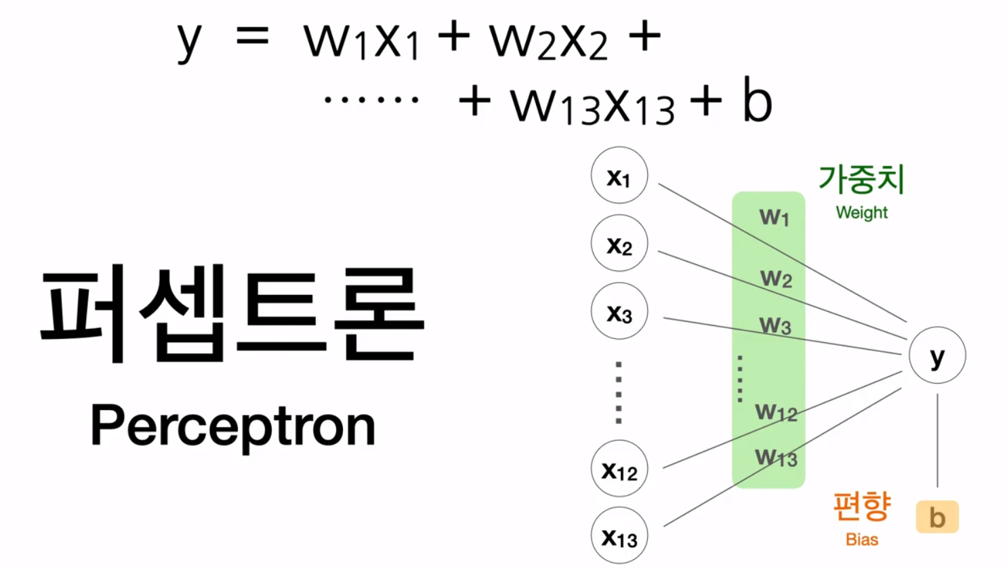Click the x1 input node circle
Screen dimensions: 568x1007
point(619,176)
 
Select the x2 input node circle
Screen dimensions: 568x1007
point(619,243)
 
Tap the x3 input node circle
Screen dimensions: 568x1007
point(619,311)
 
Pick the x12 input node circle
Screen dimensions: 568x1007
point(619,468)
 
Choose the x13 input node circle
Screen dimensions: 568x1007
point(619,535)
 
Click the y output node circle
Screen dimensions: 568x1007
point(937,355)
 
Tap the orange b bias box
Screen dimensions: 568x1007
point(937,517)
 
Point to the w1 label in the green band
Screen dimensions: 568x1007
point(774,217)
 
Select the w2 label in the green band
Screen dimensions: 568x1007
point(776,278)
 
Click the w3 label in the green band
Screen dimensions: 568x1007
point(775,325)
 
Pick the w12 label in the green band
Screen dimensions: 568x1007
point(776,411)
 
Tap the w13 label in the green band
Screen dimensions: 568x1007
point(776,458)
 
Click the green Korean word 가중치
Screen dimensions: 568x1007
point(861,179)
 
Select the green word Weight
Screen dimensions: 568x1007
point(861,213)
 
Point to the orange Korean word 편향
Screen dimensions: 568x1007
point(861,506)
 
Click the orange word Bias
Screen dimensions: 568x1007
point(861,540)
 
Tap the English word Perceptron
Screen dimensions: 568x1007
point(232,426)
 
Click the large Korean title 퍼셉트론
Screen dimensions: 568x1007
point(232,313)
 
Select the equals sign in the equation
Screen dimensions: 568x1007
point(252,37)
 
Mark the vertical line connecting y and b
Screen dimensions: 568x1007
point(937,441)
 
